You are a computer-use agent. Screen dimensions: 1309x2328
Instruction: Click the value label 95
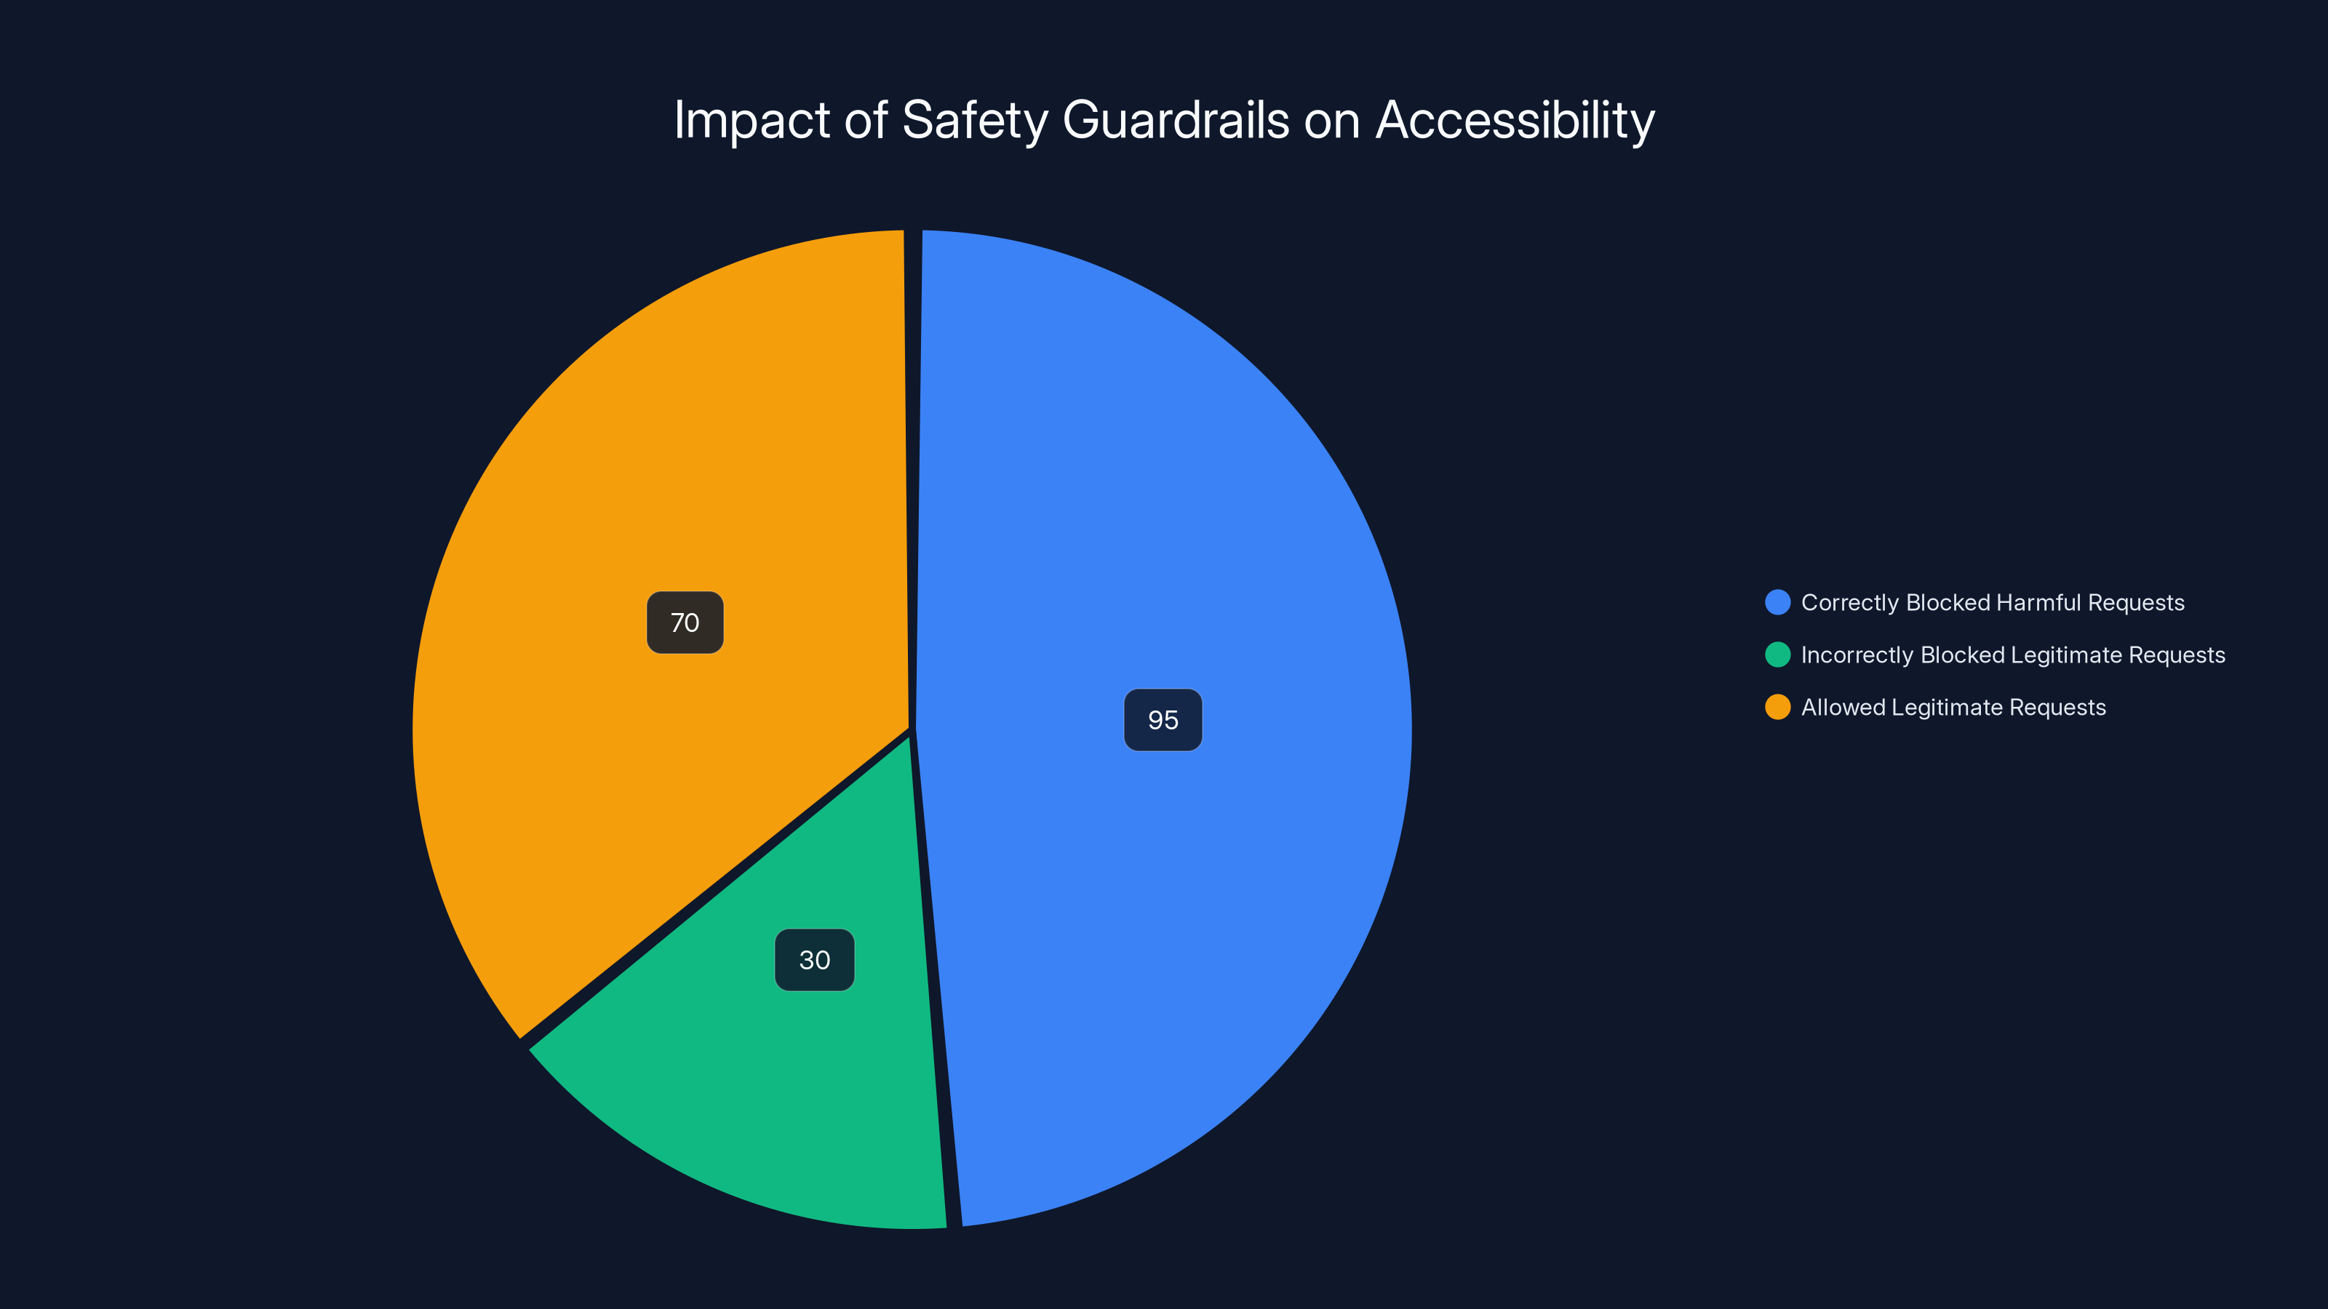[1163, 720]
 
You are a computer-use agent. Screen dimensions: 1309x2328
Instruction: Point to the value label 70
[685, 623]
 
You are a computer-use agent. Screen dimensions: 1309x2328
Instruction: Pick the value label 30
[814, 959]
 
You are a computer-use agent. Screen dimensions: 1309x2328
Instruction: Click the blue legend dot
[1777, 603]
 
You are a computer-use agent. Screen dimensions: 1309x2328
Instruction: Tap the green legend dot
[1777, 655]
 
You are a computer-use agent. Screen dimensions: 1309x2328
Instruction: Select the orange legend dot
[1777, 708]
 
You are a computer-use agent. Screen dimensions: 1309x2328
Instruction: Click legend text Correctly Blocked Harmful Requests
[1993, 603]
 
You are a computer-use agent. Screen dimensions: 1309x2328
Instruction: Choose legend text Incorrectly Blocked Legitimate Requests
[2012, 655]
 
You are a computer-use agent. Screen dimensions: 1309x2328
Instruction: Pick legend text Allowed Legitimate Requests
[1953, 708]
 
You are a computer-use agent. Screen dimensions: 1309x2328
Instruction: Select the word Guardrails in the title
[1176, 121]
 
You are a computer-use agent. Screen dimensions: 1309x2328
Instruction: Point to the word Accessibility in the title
[1515, 121]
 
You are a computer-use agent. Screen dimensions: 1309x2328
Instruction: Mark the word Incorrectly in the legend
[1857, 655]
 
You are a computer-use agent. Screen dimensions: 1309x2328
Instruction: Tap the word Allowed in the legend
[1843, 708]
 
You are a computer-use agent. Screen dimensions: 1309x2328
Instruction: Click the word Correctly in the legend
[1850, 603]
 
